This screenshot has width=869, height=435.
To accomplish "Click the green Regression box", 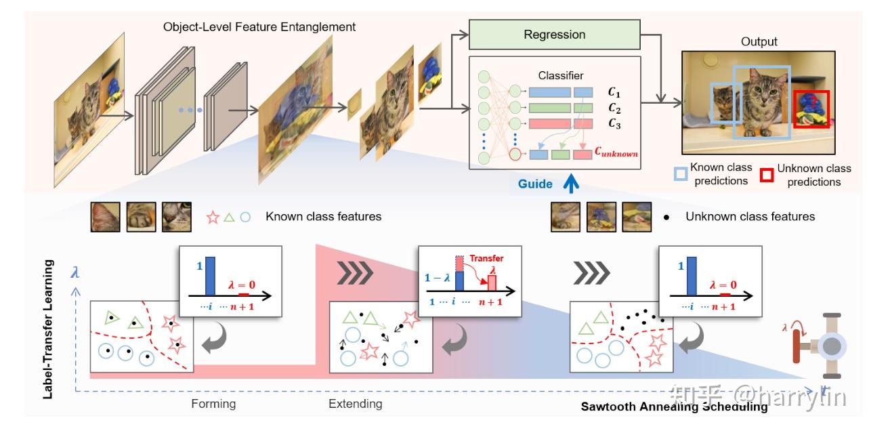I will click(554, 35).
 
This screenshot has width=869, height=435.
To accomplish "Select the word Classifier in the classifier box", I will click(560, 75).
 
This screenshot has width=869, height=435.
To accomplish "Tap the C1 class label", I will click(614, 92).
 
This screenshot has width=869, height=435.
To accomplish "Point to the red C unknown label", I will click(616, 154).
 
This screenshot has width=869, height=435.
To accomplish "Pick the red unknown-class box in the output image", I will click(811, 108).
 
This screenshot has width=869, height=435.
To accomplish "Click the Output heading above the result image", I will click(759, 42).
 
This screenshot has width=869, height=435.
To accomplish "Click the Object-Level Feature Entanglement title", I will click(259, 27).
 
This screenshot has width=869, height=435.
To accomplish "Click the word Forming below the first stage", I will click(213, 404).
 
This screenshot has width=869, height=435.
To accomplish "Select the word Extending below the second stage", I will click(355, 404).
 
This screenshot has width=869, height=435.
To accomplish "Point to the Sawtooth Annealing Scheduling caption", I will click(674, 407).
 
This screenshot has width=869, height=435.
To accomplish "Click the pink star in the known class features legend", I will click(213, 217).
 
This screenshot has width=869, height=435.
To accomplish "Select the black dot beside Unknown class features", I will click(666, 217).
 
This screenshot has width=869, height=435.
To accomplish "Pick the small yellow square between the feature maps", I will click(355, 109).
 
